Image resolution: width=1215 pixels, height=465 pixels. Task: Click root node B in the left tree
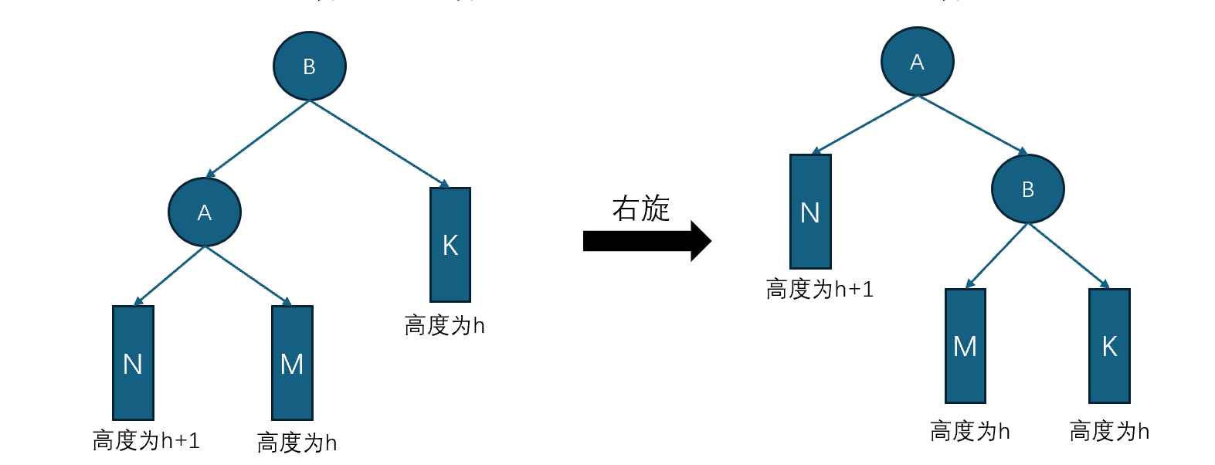coord(309,66)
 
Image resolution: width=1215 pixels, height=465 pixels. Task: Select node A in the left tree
coord(205,212)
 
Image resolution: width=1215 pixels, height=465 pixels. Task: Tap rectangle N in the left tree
coord(133,363)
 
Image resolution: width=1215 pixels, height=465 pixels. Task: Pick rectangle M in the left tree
coord(292,363)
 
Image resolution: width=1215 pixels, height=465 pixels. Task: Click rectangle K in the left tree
coord(450,245)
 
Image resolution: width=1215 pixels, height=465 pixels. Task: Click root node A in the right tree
coord(917,62)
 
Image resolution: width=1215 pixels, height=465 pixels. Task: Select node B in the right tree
coord(1027,189)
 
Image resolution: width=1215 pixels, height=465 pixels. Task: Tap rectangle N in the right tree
coord(810,212)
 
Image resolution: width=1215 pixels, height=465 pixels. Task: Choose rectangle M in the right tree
coord(966,346)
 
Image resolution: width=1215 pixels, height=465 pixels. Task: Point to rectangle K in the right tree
coord(1109,346)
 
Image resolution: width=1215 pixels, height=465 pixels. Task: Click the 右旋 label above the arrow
coord(640,209)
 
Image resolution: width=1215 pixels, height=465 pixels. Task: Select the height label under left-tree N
coord(146,440)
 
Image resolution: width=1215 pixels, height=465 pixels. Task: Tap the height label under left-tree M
coord(297,443)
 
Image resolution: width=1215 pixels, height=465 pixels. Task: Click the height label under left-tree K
coord(444,325)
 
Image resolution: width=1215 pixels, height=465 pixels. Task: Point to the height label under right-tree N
coord(820,289)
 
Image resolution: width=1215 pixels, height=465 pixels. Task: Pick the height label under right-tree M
coord(970,431)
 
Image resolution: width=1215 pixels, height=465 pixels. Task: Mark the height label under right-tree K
coord(1109,431)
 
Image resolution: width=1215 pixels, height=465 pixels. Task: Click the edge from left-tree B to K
coord(379,144)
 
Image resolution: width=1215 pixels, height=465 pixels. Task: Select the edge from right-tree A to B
coord(972,124)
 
